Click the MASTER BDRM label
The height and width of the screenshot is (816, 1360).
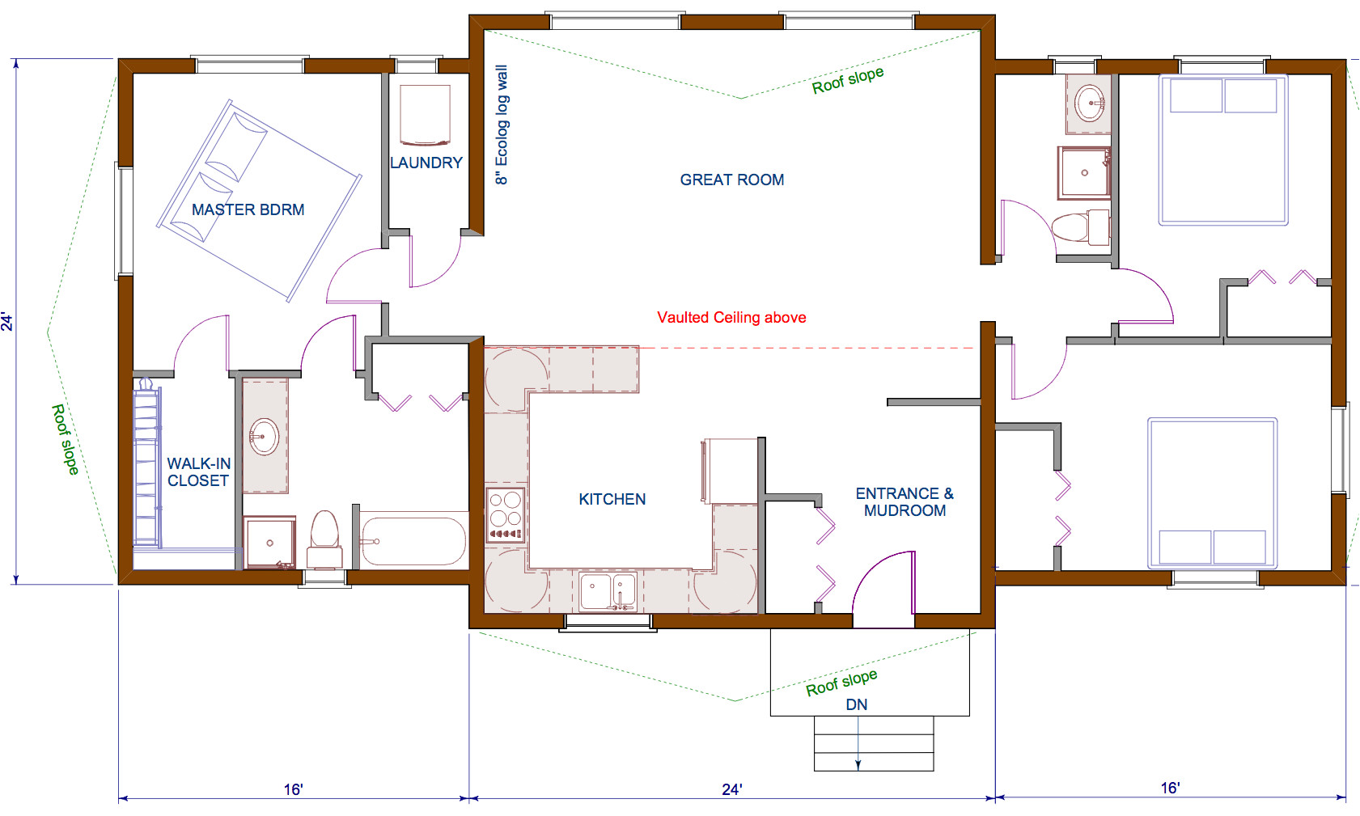(248, 209)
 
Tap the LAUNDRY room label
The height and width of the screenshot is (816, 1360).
(426, 163)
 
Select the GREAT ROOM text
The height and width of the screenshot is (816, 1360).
(731, 180)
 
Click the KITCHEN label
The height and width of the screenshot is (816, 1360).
(612, 499)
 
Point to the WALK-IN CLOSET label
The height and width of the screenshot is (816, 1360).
(198, 471)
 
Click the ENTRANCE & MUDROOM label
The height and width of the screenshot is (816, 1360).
(905, 501)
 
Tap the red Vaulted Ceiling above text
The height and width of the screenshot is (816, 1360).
(731, 317)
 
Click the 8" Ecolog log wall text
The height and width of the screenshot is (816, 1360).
(502, 125)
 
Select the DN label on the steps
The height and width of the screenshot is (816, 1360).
(856, 704)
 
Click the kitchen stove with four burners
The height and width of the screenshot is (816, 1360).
(505, 514)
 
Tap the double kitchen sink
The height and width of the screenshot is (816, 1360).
(608, 591)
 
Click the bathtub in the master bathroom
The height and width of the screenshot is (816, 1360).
(413, 541)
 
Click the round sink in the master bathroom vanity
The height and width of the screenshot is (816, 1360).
(263, 438)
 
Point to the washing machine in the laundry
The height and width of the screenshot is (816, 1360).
(425, 115)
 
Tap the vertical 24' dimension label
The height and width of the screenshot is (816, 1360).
(7, 321)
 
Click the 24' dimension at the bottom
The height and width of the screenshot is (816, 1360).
(731, 789)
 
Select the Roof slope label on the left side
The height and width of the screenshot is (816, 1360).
(66, 439)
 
